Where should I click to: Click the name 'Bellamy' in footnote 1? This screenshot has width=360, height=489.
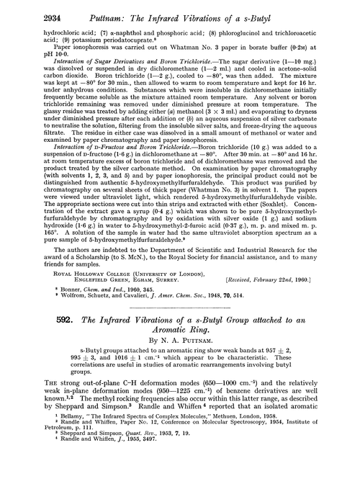[x=46, y=459]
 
